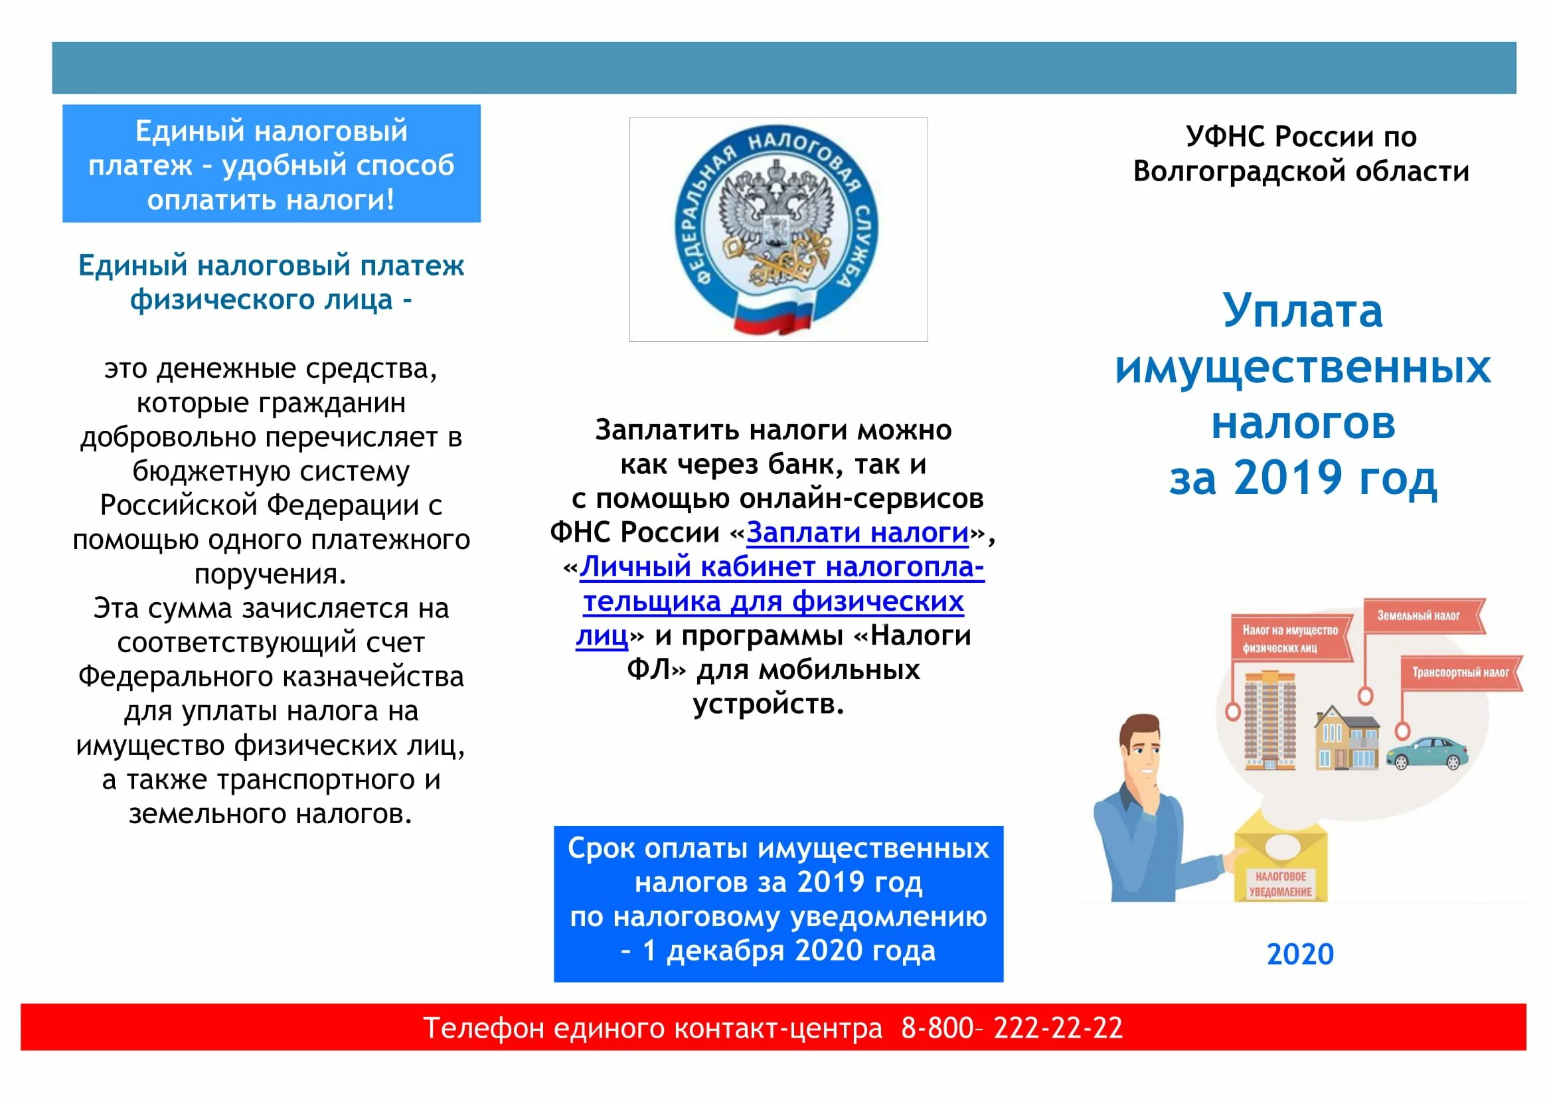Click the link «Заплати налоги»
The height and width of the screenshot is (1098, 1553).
tap(857, 533)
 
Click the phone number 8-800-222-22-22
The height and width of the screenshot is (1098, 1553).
tap(1011, 1028)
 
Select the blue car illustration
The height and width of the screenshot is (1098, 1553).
tap(1428, 752)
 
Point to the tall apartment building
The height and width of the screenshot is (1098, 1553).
tap(1269, 720)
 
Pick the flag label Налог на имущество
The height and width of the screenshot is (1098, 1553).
tap(1290, 638)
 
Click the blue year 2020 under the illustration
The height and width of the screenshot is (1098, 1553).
tap(1299, 954)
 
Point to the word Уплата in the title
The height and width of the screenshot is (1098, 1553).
tap(1302, 311)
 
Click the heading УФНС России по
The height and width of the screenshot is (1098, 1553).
tap(1301, 137)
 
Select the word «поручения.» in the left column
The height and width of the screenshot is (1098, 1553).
tap(270, 574)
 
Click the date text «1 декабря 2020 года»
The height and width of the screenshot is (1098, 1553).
tap(788, 951)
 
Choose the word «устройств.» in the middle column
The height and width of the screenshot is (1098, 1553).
tap(768, 704)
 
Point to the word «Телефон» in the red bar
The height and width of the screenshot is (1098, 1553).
tap(483, 1028)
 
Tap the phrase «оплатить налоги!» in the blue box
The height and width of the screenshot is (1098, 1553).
tap(270, 200)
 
